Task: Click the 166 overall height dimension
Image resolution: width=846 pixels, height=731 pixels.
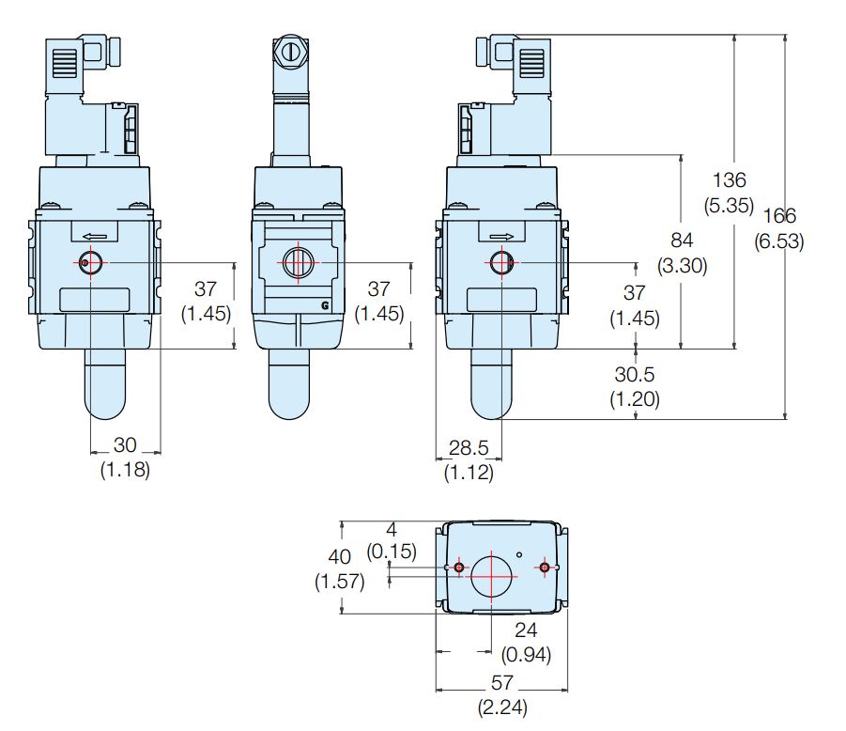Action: (779, 216)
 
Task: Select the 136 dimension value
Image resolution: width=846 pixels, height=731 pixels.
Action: (729, 180)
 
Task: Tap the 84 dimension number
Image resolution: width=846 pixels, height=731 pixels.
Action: (682, 241)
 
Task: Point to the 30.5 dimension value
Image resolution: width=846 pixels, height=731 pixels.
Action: (634, 374)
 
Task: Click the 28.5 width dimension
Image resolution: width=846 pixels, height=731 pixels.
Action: (469, 447)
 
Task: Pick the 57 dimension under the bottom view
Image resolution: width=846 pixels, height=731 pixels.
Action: (501, 683)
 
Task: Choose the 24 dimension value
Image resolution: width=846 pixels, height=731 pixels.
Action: (526, 630)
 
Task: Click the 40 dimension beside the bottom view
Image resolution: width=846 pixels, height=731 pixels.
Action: (339, 556)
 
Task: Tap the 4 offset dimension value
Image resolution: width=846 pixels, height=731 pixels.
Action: (392, 529)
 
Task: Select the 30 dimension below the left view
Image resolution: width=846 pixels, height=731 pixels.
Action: (125, 444)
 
